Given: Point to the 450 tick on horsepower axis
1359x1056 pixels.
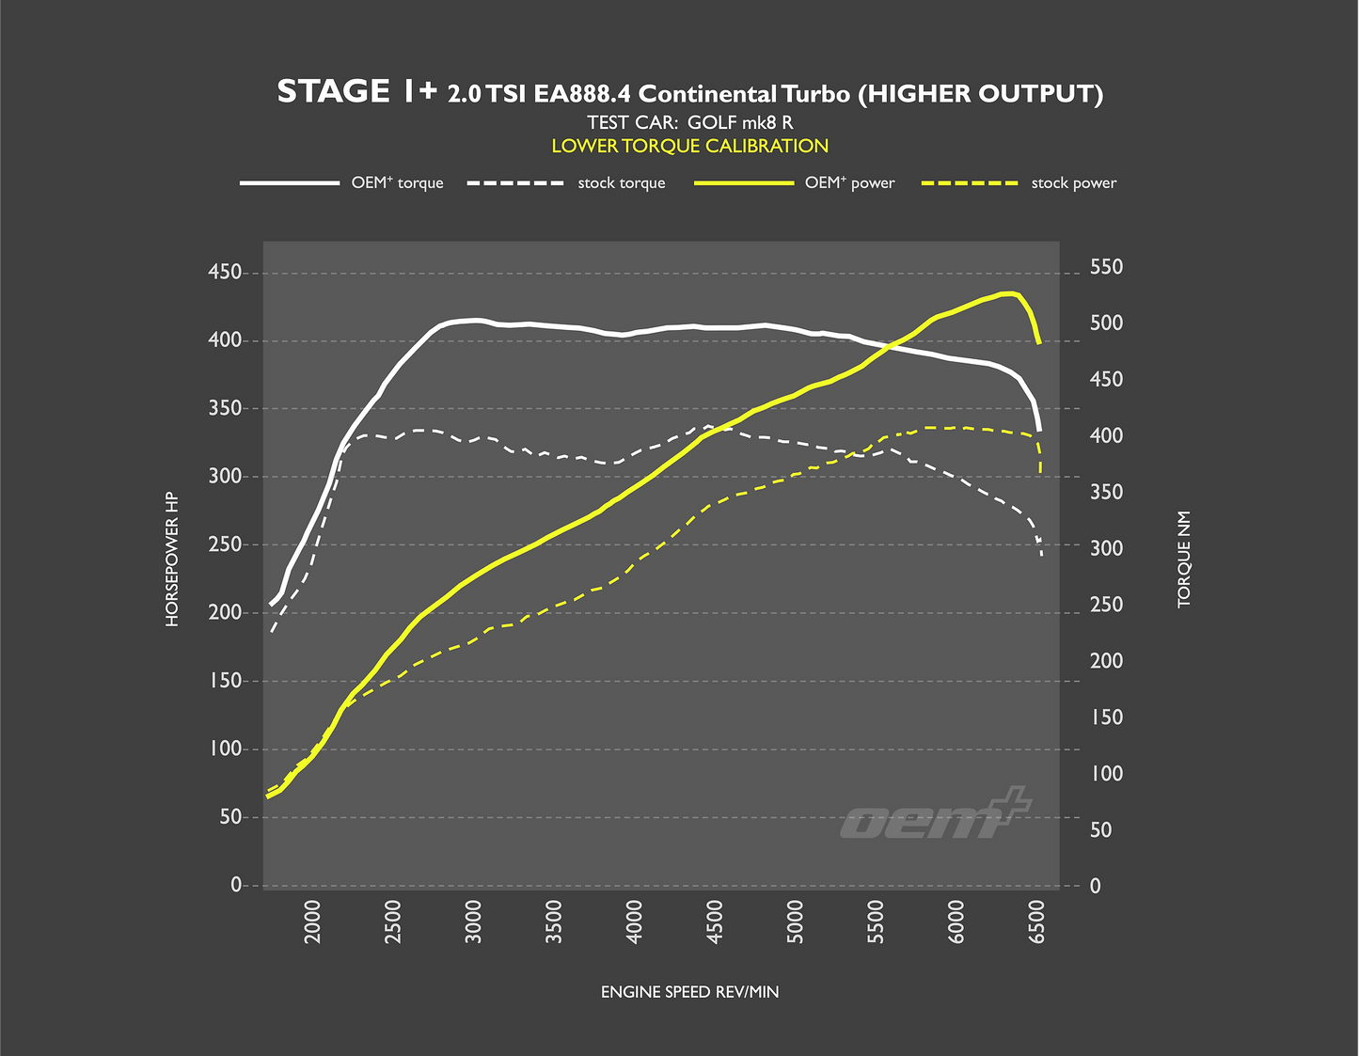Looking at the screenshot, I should coord(227,273).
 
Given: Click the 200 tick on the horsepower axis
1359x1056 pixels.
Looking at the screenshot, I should coord(227,613).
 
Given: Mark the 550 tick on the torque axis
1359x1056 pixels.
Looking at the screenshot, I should coord(1106,268).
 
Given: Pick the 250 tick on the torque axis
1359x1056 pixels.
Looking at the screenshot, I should coord(1106,605).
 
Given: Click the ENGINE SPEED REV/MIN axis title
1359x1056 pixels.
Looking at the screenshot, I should coord(689,992).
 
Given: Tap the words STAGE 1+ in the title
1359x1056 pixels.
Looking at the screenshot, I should coord(356,92).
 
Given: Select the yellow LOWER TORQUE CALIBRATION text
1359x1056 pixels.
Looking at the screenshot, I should coord(689,146).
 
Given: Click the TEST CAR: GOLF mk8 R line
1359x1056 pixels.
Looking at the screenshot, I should coord(689,122).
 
